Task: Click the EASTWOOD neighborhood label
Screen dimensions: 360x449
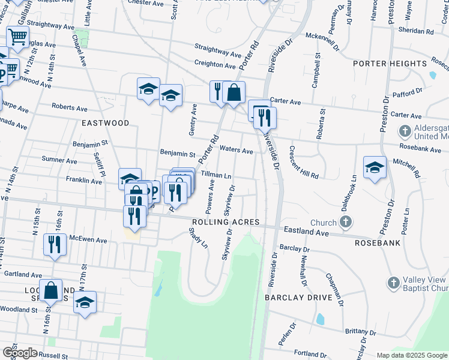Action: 106,123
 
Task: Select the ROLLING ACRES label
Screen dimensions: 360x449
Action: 225,223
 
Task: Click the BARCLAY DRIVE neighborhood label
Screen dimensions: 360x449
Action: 299,298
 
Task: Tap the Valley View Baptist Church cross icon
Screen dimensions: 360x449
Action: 393,282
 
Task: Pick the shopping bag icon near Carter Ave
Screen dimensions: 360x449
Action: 234,92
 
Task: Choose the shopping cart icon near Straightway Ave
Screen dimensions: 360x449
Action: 18,38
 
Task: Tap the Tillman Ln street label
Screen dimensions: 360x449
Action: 216,175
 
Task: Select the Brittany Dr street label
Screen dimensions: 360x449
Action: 360,332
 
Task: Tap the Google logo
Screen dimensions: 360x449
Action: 20,353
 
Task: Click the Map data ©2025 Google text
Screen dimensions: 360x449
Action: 412,355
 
